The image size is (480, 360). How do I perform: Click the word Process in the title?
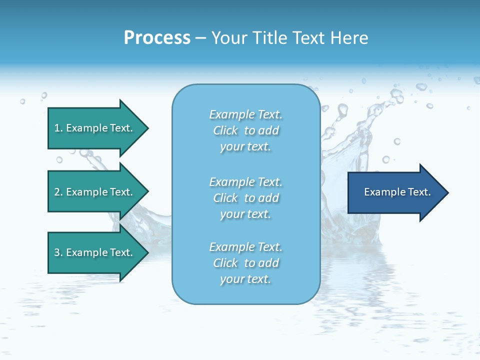[x=157, y=38]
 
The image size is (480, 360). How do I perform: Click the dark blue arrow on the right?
[x=395, y=192]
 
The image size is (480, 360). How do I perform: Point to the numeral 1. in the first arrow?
[x=58, y=128]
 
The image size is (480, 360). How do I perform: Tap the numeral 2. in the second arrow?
[x=58, y=192]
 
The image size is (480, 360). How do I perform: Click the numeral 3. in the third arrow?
[x=58, y=252]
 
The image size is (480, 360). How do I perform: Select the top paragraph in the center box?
[x=245, y=130]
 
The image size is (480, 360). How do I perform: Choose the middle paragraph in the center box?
[x=245, y=198]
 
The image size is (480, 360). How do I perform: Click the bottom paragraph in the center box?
[x=245, y=263]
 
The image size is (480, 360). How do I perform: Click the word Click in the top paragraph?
[x=225, y=130]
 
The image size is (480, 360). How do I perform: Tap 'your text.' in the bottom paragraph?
[x=245, y=279]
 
